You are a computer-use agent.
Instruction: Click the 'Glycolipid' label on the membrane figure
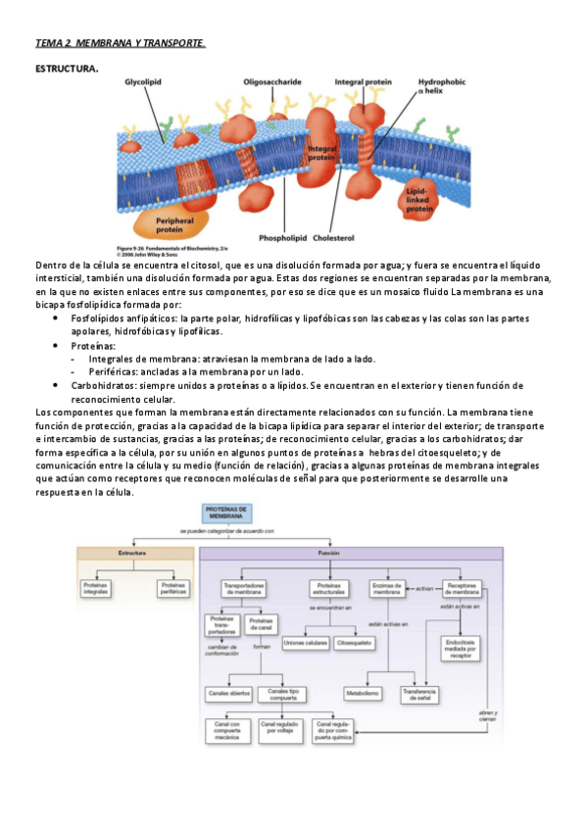[144, 84]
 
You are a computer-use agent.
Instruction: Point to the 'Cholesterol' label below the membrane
[334, 238]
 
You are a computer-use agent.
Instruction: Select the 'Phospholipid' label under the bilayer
[283, 238]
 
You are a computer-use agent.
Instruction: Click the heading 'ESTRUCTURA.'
[67, 69]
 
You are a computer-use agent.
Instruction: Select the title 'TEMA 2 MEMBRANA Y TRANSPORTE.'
[120, 44]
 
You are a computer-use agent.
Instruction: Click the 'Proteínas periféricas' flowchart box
[171, 589]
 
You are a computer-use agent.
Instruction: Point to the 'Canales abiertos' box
[228, 693]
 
